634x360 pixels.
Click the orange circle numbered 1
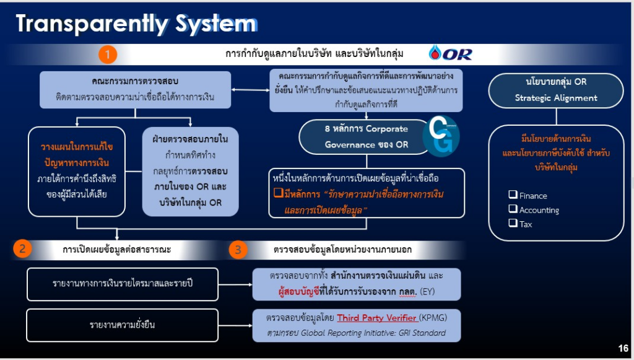tap(108, 55)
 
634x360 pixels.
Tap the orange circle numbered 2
tap(22, 249)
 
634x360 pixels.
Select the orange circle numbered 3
tap(238, 249)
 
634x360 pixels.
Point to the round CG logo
tap(440, 136)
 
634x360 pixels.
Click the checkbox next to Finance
tap(513, 195)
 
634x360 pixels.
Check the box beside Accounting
tap(513, 209)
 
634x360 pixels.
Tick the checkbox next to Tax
tap(513, 224)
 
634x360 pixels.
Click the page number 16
tap(623, 348)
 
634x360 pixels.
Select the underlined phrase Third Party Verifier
tap(376, 318)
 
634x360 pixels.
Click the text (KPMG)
tap(433, 318)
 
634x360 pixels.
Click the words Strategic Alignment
tap(556, 98)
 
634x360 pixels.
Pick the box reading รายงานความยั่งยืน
tap(123, 325)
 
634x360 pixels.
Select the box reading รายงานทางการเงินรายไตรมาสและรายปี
tap(123, 284)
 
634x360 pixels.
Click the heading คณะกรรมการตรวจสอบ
tap(126, 81)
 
